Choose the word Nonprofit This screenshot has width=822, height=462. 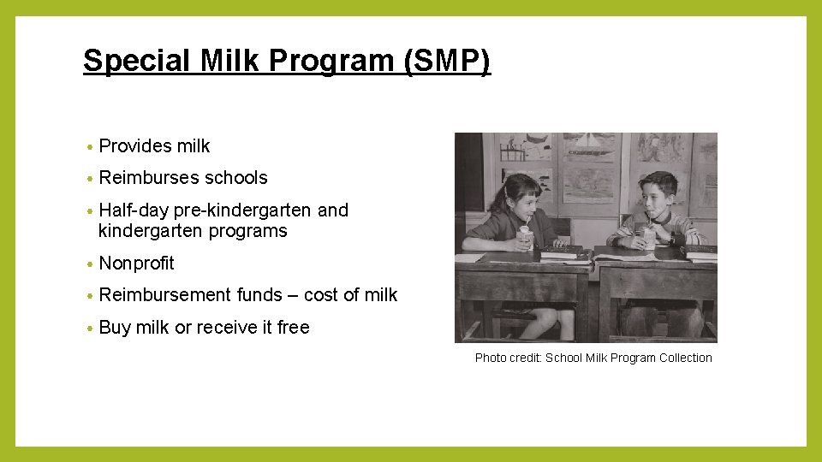[x=136, y=264]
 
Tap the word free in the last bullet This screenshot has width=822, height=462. [x=293, y=328]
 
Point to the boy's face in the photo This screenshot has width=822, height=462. [x=658, y=194]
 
